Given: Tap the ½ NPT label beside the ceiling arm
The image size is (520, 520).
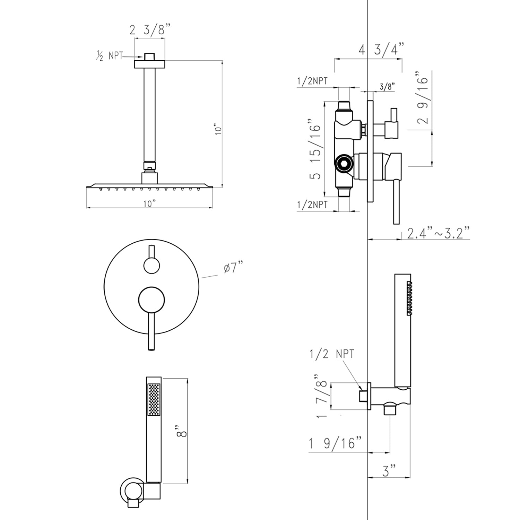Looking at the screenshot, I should [109, 56].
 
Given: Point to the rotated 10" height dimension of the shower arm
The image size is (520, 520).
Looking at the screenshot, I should [218, 129].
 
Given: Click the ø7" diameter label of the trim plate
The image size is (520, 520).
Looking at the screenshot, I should [233, 268].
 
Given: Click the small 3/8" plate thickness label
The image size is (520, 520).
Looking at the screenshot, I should [387, 86].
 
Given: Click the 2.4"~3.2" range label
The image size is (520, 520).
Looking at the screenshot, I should [438, 233].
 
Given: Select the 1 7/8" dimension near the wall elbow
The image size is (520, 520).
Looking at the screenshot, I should [322, 396].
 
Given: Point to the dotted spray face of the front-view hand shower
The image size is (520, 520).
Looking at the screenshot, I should [154, 399].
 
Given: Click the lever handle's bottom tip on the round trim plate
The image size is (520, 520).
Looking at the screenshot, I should [151, 349].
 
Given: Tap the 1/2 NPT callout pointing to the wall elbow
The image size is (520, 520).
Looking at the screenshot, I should [332, 354].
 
